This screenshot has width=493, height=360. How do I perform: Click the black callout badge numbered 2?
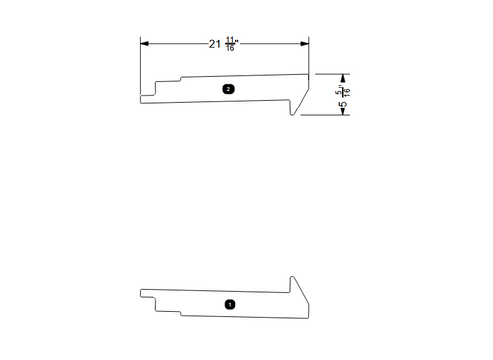coord(228,89)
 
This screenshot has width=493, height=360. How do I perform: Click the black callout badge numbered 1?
coord(230,305)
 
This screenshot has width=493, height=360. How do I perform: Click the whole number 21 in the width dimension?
coord(214,44)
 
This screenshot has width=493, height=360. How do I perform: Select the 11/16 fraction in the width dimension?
coord(230,44)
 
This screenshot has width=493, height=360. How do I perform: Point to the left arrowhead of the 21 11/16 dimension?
coord(144,44)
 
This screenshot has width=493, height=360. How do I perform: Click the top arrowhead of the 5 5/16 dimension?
coord(343,76)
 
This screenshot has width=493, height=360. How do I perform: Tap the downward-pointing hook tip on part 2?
coord(293,115)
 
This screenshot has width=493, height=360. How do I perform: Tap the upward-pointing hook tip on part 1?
coord(293,278)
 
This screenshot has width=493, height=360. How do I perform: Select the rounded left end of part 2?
coord(142,97)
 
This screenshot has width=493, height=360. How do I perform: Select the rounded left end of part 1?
coord(142,293)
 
